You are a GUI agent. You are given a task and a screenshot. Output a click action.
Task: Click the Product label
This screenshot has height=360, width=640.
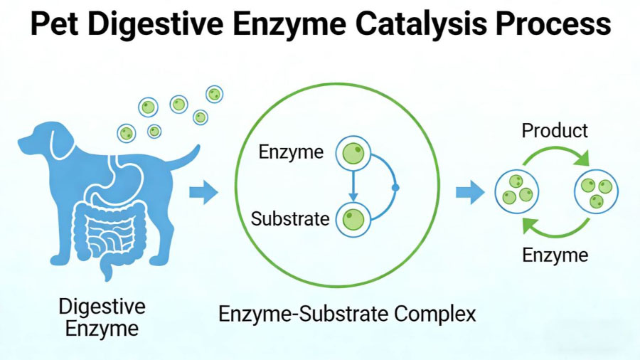click(x=555, y=131)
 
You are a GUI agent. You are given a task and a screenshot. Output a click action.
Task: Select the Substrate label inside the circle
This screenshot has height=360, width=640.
click(x=290, y=218)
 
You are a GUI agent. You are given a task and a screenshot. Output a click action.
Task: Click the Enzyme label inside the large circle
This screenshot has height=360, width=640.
click(x=291, y=152)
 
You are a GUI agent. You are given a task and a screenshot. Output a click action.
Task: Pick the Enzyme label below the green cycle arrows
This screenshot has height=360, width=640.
click(x=555, y=255)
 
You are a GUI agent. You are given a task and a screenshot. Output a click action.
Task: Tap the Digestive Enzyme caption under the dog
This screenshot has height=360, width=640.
click(x=102, y=318)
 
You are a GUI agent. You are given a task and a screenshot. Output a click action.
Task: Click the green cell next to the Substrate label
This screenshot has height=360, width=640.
click(x=353, y=218)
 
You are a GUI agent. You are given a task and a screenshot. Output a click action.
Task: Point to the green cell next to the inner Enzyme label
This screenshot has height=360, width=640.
click(x=353, y=153)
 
